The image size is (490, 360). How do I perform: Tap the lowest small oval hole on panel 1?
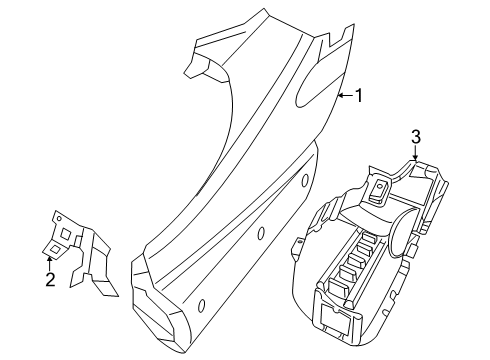pyautogui.click(x=201, y=304)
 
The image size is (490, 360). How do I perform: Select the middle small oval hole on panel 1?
pyautogui.click(x=260, y=235)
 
